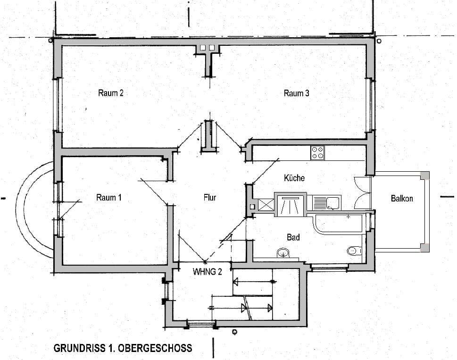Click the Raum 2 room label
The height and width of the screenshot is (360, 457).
coord(111,93)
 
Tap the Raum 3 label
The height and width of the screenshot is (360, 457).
coord(296,93)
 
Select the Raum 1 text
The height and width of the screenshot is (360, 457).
coord(108,198)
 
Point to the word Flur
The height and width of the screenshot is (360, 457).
coord(209,198)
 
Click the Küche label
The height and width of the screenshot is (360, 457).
coord(294,178)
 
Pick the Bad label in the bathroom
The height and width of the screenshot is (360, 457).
coord(293,237)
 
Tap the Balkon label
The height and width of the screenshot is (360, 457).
coord(402,199)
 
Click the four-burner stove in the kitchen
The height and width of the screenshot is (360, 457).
coord(317,152)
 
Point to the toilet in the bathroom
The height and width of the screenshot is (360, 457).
coord(353,251)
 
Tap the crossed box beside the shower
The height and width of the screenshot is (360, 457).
coord(264,204)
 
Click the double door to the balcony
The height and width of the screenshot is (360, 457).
coord(363,193)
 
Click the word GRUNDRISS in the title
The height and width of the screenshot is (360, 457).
coord(76,348)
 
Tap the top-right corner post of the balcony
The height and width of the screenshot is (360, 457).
coord(425,176)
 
